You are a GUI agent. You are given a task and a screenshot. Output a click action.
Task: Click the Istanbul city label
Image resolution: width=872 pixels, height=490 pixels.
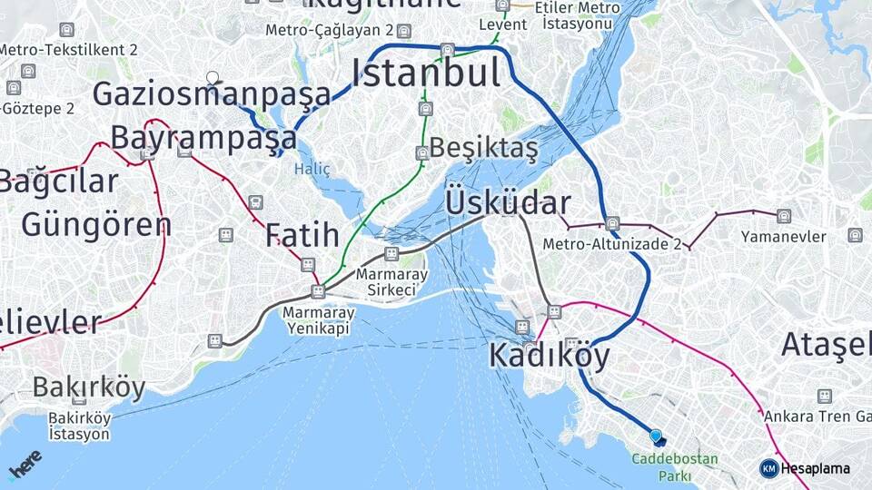point(426,73)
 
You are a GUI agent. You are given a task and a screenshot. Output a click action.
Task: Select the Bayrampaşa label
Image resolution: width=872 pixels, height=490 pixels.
point(203,138)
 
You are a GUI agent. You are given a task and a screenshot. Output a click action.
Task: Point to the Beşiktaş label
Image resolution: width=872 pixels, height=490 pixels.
point(483,147)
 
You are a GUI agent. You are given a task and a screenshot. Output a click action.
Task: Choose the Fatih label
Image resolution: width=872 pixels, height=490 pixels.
point(302,235)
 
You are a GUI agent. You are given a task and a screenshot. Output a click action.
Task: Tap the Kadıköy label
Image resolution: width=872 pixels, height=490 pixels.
point(549,356)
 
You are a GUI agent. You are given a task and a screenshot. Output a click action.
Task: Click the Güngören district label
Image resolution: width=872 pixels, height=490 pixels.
point(95,223)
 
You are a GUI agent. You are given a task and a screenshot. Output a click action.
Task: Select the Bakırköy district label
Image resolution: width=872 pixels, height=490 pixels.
point(89,387)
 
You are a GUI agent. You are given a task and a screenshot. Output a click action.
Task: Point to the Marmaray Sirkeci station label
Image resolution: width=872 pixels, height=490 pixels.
point(386,281)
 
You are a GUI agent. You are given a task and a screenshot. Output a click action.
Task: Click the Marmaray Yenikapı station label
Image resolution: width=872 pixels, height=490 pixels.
point(319,319)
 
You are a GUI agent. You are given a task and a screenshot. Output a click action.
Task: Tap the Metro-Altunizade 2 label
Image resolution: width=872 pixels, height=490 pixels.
point(625,244)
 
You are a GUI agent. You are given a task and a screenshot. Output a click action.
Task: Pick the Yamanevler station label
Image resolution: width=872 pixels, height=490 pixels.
point(783,237)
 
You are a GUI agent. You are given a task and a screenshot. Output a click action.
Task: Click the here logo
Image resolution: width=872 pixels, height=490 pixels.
point(25,464)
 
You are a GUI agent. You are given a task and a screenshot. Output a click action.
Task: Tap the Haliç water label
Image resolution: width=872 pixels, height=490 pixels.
point(312,169)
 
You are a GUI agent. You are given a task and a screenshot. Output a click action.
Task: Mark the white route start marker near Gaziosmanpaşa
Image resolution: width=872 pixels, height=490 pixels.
point(213,78)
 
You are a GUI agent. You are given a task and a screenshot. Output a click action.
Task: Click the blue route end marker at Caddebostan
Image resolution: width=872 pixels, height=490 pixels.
point(656,436)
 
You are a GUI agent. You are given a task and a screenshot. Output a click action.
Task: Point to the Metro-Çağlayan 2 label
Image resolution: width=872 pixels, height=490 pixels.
point(331,31)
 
